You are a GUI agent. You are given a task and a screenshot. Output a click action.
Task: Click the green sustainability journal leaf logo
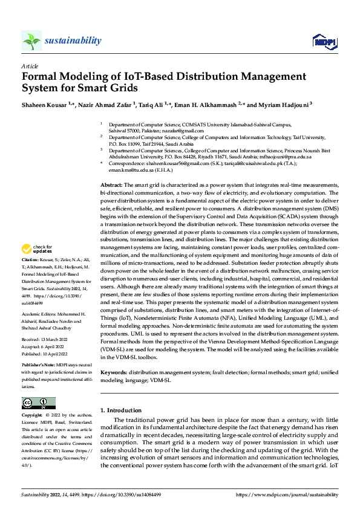click(31, 41)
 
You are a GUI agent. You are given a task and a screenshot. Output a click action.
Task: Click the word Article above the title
click(29, 65)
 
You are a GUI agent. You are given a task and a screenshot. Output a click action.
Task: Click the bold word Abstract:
click(111, 184)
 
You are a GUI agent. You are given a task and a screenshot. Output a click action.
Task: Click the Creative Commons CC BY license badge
click(38, 403)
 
